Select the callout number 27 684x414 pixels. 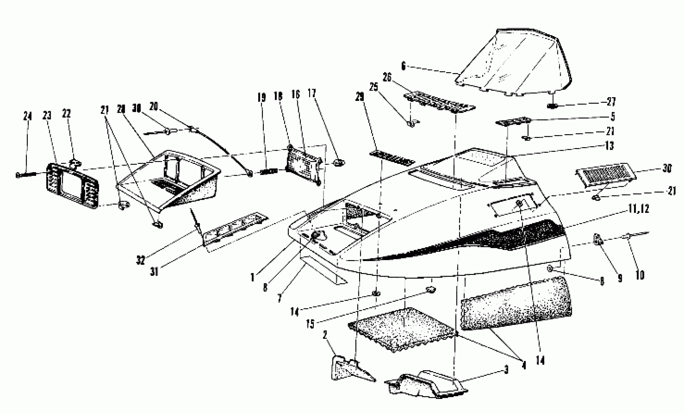[x=611, y=102]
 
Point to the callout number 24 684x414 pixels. [x=27, y=116]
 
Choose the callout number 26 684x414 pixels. [x=387, y=77]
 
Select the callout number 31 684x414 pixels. [x=154, y=272]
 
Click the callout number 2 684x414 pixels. [x=325, y=335]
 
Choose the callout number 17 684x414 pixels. [x=312, y=93]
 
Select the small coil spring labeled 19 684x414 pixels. [x=269, y=172]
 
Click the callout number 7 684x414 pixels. [x=279, y=299]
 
